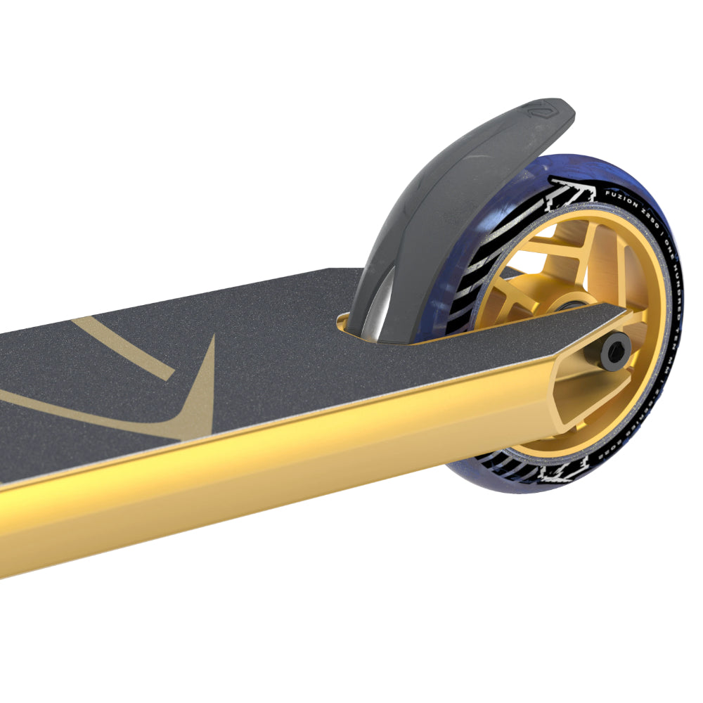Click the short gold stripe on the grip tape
pyautogui.click(x=123, y=348)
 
